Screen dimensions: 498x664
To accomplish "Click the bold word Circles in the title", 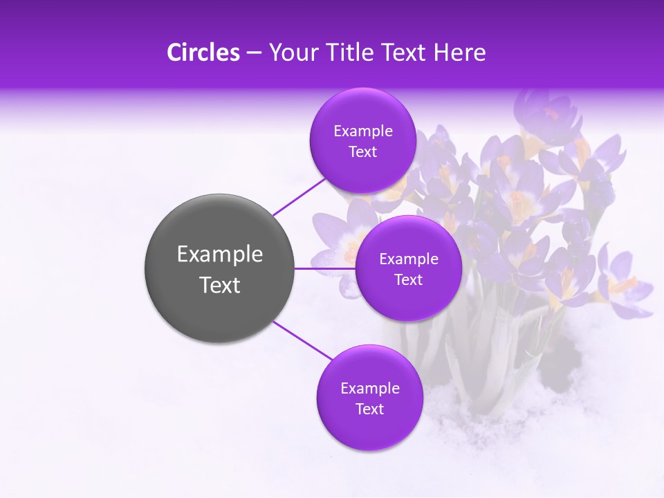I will coord(203,53).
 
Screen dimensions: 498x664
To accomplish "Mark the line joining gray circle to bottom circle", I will coord(303,341).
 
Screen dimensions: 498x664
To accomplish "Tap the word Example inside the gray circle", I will coord(220,255).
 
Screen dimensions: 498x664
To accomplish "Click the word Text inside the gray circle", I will coord(220,285).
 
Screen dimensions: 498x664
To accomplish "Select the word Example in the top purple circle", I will coord(362,131).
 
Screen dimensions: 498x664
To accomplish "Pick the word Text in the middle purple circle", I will coord(408,280).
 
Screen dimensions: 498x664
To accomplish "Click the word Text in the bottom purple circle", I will coord(369,409).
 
